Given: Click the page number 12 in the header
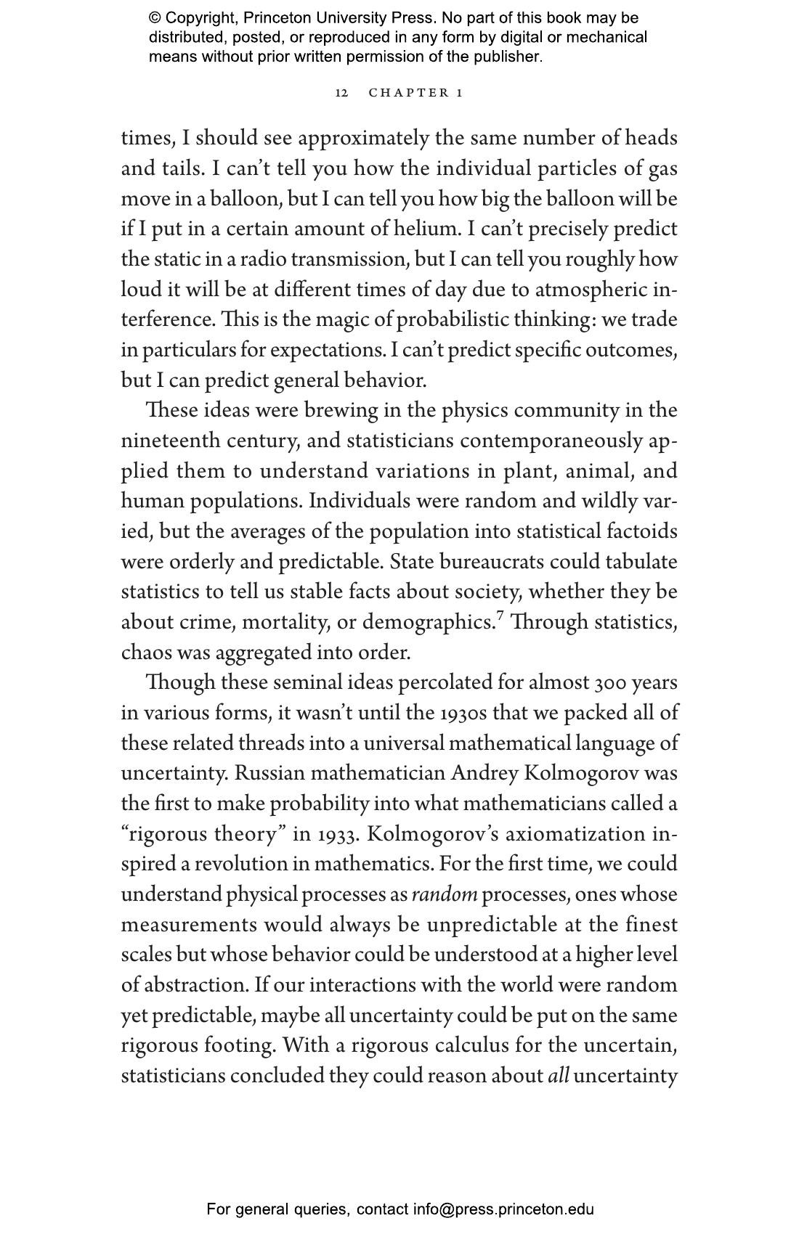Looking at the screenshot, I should click(341, 93).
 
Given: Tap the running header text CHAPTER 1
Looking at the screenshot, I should click(415, 93).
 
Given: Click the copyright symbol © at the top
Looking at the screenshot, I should click(155, 18).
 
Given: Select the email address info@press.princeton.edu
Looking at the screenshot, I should click(503, 1209).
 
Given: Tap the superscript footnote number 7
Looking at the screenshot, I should click(499, 617).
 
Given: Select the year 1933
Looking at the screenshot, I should click(338, 835).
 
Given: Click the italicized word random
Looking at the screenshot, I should click(445, 895).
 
